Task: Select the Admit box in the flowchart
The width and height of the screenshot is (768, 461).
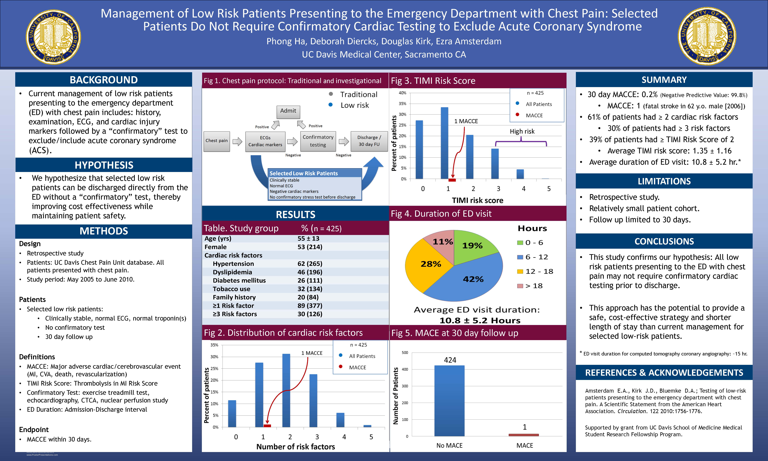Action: pos(288,111)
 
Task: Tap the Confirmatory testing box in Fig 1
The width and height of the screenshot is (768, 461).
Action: pos(318,141)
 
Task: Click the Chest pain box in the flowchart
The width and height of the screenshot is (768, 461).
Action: pos(217,141)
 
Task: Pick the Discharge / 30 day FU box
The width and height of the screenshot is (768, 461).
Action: pos(369,141)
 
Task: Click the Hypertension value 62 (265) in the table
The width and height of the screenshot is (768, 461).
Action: pos(310,264)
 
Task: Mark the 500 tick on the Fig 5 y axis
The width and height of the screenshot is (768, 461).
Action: pos(405,353)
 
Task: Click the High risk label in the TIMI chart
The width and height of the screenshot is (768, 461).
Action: pos(522,131)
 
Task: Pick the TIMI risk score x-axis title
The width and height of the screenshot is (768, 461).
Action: pos(477,200)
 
